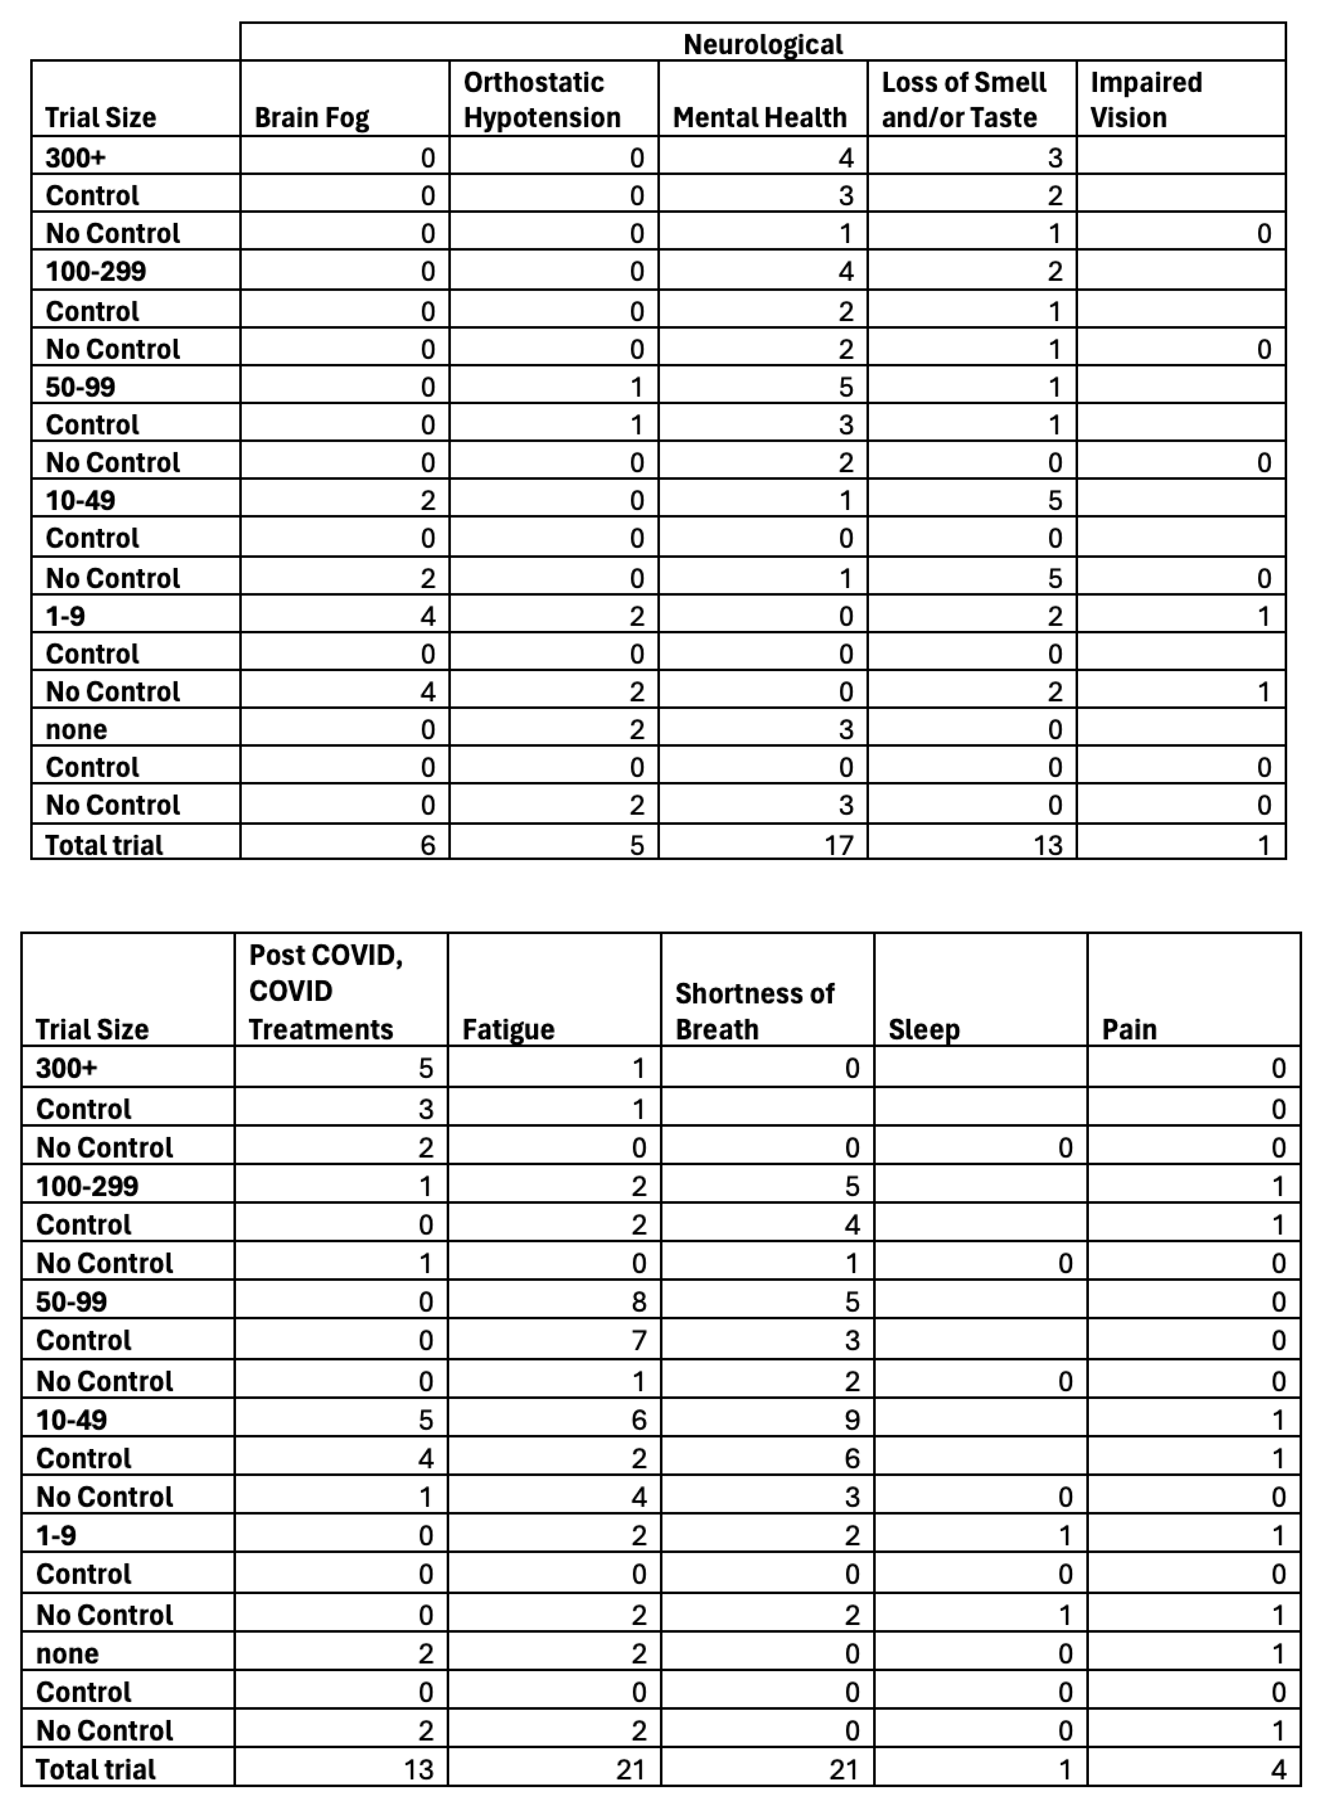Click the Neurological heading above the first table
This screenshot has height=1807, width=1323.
coord(763,44)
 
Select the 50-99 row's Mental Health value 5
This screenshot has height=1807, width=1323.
coord(846,387)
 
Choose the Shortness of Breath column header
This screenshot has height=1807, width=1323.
coord(754,1011)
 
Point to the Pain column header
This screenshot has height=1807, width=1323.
coord(1129,1029)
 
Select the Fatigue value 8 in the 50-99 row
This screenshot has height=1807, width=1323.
coord(638,1302)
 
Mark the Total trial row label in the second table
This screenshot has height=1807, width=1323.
coord(96,1769)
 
